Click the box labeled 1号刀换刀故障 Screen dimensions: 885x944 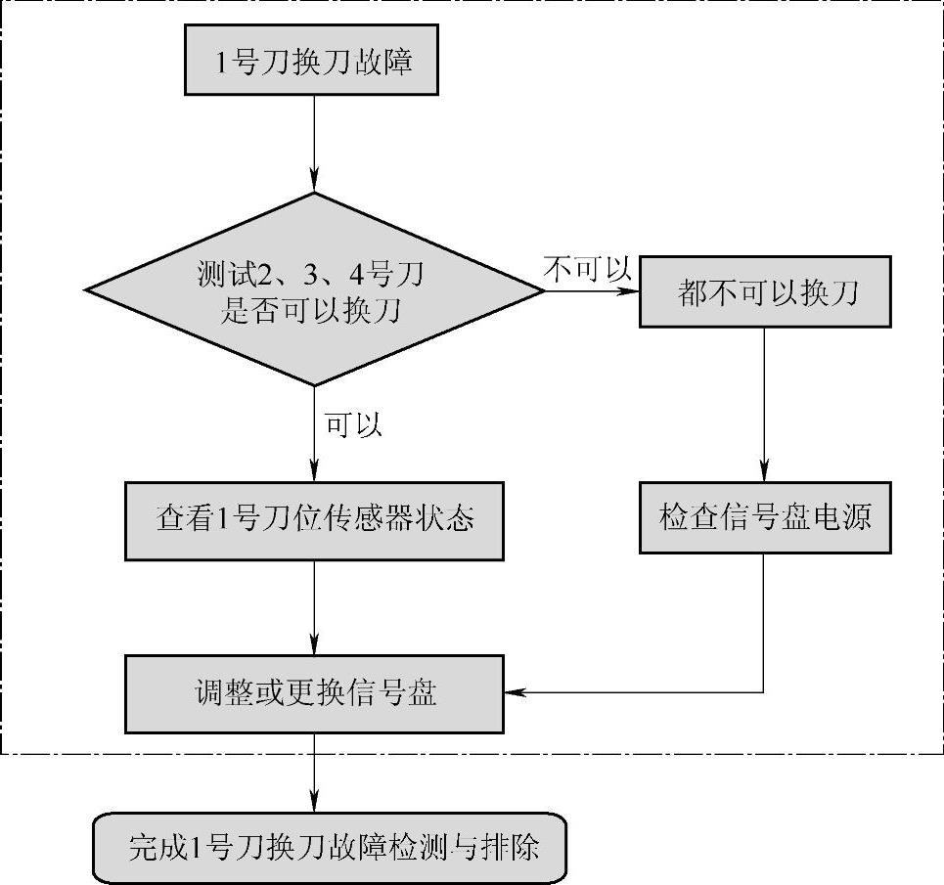pyautogui.click(x=314, y=64)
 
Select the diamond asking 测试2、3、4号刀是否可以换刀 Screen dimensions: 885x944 pyautogui.click(x=314, y=290)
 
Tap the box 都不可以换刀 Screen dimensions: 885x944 pyautogui.click(x=765, y=291)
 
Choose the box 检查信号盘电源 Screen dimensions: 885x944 pyautogui.click(x=765, y=516)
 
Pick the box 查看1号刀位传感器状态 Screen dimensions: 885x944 pyautogui.click(x=314, y=517)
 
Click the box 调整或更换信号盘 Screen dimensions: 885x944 pyautogui.click(x=314, y=693)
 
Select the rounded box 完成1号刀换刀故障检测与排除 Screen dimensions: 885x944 pyautogui.click(x=330, y=846)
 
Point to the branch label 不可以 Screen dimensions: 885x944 pyautogui.click(x=587, y=269)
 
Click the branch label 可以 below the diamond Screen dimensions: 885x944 pyautogui.click(x=352, y=424)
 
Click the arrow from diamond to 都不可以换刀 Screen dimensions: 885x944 pyautogui.click(x=592, y=290)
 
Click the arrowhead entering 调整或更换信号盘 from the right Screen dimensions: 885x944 pyautogui.click(x=514, y=693)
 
